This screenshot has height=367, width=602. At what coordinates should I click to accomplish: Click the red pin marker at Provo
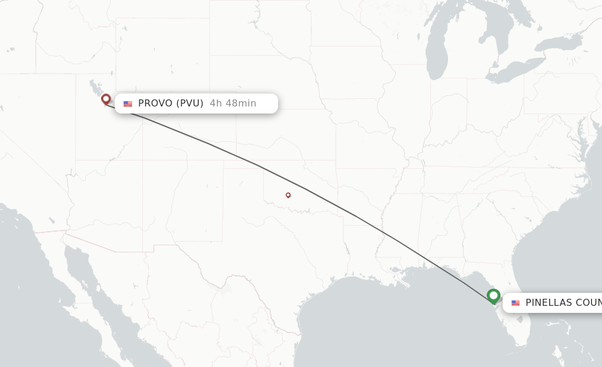[106, 99]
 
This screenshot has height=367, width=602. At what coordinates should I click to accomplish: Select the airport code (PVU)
[189, 104]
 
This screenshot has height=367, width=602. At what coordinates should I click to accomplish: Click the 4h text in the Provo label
[216, 104]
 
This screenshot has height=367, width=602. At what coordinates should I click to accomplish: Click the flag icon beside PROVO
[128, 104]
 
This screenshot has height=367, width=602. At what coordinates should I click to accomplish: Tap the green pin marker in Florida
[493, 296]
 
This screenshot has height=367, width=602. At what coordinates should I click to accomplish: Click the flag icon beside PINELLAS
[516, 303]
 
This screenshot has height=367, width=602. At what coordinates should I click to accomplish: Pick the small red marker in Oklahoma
[288, 195]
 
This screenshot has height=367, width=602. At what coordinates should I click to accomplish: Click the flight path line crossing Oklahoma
[294, 183]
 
